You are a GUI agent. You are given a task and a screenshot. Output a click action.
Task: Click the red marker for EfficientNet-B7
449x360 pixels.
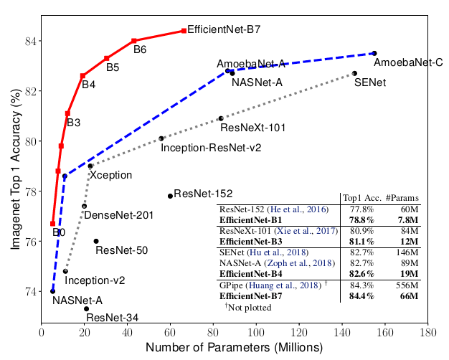coord(184,31)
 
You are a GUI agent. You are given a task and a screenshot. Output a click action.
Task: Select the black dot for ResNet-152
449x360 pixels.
coord(170,196)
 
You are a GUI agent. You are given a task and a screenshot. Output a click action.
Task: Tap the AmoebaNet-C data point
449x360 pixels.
coord(374,53)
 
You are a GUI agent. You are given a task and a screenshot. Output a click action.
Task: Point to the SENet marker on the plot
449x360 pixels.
coord(354,73)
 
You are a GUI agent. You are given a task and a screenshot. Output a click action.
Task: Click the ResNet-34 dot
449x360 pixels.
coord(86,308)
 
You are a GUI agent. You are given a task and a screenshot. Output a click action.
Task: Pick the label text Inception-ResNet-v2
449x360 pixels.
coord(210,148)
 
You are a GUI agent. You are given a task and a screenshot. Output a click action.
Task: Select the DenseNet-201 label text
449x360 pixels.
coord(118,215)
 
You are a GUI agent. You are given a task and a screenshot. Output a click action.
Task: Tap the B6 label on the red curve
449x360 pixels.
coord(140,49)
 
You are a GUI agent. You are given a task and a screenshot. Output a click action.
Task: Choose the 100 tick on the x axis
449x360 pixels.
coord(256,332)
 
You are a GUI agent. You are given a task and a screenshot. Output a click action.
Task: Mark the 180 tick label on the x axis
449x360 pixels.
coord(428,332)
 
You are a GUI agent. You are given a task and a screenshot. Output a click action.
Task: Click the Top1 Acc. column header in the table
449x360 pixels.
coord(361,198)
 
